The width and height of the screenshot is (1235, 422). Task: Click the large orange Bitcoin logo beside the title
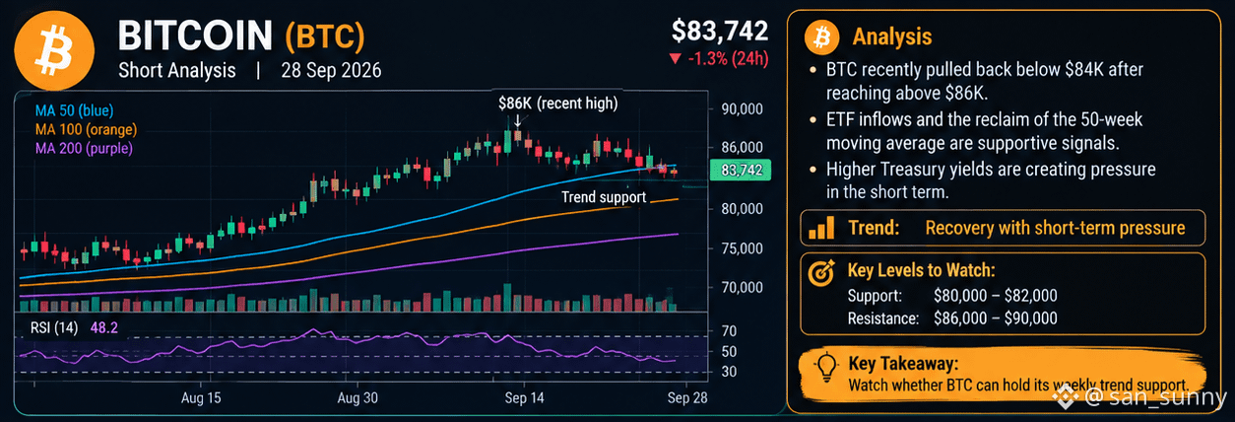click(54, 50)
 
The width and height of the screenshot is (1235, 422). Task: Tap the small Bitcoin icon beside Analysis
click(821, 37)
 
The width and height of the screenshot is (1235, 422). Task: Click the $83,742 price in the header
click(720, 31)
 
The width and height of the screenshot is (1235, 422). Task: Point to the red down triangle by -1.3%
click(675, 58)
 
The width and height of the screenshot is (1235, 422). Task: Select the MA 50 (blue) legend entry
click(75, 110)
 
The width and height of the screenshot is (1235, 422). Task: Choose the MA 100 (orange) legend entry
click(86, 129)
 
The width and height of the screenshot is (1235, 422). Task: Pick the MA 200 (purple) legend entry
click(84, 148)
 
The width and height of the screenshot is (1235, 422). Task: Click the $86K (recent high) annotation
click(558, 104)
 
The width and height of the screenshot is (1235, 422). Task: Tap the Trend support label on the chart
click(604, 197)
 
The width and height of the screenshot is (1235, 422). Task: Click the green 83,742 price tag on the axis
click(741, 170)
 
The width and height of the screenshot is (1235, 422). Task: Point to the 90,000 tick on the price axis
click(743, 109)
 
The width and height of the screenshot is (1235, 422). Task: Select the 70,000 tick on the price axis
click(743, 287)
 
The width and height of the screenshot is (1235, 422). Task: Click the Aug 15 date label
click(201, 398)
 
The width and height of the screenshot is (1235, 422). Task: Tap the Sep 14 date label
click(524, 398)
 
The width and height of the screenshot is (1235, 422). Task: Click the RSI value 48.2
click(104, 328)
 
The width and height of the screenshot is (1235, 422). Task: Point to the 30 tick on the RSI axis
click(729, 372)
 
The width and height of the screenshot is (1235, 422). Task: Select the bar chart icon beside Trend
click(821, 228)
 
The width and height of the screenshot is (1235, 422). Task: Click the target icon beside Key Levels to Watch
click(821, 272)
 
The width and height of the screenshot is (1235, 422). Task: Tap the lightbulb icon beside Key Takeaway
click(825, 367)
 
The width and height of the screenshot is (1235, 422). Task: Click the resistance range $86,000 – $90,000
click(995, 318)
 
